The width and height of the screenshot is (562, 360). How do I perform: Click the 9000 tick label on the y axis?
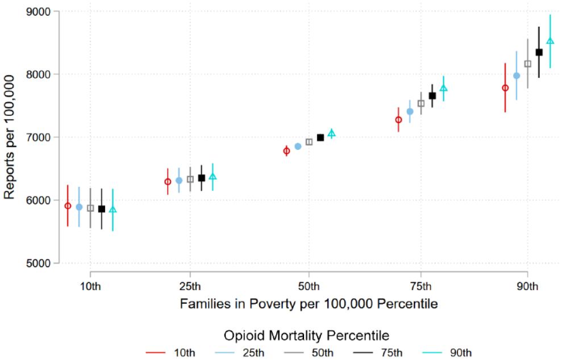[38, 12]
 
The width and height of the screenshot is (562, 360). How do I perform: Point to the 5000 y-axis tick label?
[38, 263]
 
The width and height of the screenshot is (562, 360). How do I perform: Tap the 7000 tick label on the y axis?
[38, 137]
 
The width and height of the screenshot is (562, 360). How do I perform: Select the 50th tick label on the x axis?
[309, 287]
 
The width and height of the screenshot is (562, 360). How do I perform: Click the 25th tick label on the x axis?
[190, 287]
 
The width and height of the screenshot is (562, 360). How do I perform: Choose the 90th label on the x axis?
[527, 287]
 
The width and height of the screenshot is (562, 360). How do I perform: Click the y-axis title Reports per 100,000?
[9, 137]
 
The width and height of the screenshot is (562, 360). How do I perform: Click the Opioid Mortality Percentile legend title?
[306, 336]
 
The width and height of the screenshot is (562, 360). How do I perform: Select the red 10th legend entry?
[170, 353]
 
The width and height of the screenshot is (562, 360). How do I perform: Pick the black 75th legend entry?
[378, 353]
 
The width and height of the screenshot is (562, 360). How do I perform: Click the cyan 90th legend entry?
[447, 353]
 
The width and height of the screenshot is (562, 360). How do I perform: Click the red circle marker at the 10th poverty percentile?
[68, 206]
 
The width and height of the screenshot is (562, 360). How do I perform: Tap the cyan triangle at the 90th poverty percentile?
[550, 41]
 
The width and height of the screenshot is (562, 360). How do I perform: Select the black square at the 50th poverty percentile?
[320, 137]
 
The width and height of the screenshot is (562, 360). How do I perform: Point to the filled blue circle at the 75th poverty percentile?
[410, 112]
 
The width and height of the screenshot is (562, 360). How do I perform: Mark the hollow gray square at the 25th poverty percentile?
[190, 179]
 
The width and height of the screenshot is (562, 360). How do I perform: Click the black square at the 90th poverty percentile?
[539, 52]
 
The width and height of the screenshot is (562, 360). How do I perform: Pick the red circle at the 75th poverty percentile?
[398, 120]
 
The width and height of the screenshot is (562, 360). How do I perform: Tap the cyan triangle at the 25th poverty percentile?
[213, 177]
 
